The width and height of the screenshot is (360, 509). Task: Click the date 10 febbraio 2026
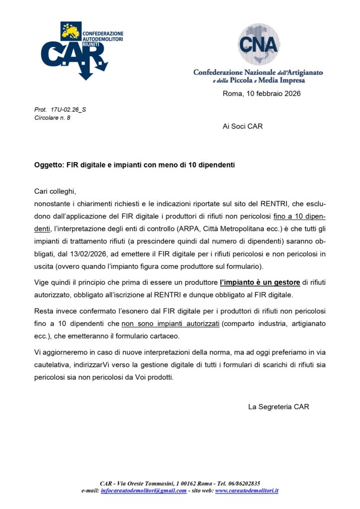click(262, 93)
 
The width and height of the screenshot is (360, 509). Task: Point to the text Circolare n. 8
click(52, 118)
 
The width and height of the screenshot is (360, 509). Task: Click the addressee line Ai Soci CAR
click(243, 126)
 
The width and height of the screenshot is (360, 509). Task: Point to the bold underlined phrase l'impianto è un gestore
click(260, 282)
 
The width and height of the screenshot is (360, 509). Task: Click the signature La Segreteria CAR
click(278, 407)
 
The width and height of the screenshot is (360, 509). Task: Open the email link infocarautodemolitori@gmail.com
click(143, 491)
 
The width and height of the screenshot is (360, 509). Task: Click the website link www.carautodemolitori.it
click(247, 491)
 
